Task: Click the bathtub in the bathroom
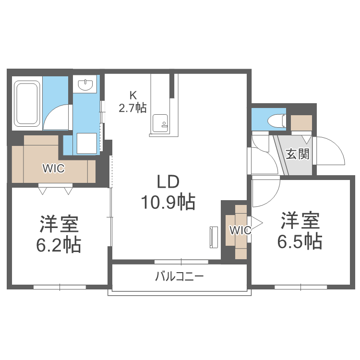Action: tap(27, 103)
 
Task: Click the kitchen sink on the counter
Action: tap(159, 123)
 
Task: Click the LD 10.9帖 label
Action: tap(168, 192)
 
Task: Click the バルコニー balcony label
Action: tap(179, 276)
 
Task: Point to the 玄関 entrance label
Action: tap(298, 154)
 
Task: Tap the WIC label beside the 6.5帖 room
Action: tap(240, 230)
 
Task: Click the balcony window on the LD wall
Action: tap(181, 262)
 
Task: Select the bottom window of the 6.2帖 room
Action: tap(60, 287)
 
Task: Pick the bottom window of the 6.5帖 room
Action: tap(300, 287)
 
